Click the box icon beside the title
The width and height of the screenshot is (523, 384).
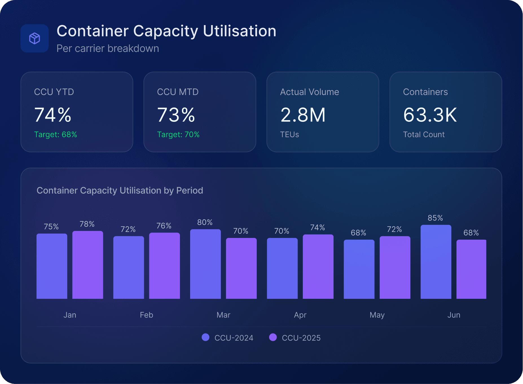tap(34, 38)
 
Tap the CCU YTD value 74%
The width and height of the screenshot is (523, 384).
tap(53, 115)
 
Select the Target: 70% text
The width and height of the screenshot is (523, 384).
tap(178, 134)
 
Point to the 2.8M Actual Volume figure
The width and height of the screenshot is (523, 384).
tap(303, 115)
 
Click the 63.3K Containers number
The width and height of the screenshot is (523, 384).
tap(430, 115)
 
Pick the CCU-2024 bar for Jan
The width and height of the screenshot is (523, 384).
tap(52, 266)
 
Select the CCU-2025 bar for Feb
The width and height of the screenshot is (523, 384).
tap(164, 266)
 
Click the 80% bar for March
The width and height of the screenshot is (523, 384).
tap(205, 264)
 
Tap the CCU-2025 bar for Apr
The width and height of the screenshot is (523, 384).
tap(318, 266)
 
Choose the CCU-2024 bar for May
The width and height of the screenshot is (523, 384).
tap(359, 269)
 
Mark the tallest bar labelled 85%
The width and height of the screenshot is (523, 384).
tap(436, 262)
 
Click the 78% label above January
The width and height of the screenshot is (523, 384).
tap(87, 224)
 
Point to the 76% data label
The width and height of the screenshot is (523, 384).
tap(164, 226)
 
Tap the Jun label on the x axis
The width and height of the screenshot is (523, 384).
tap(454, 315)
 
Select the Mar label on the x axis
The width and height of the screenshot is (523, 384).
tap(223, 315)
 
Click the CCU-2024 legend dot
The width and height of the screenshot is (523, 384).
tap(206, 337)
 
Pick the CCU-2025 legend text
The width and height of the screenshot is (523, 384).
tap(301, 338)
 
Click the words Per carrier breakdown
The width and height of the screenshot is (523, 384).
tap(108, 48)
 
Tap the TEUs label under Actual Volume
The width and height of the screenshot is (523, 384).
tap(289, 134)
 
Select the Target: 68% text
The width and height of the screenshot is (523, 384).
tap(56, 134)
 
